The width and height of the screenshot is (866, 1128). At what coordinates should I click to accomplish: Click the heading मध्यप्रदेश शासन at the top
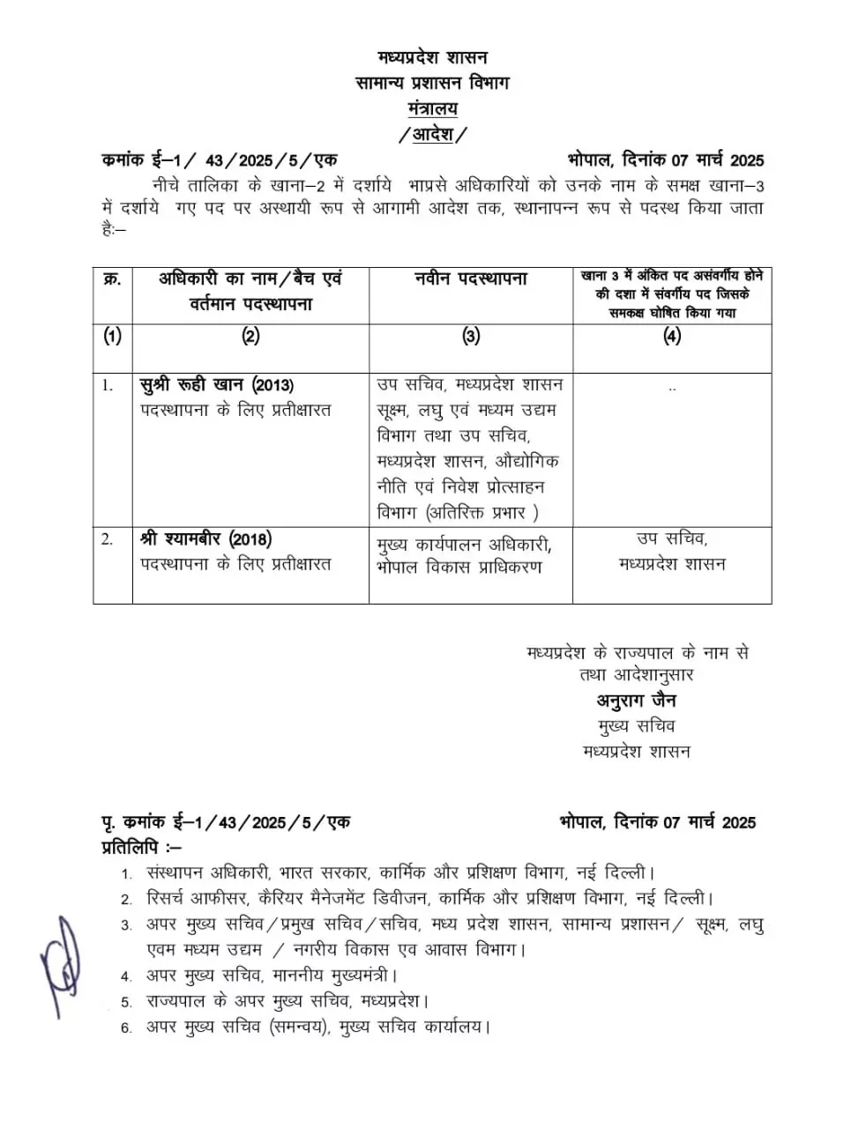tap(432, 58)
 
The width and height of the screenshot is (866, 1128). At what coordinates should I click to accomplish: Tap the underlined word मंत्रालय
tap(432, 108)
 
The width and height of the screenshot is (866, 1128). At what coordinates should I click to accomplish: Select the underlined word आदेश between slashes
tap(432, 135)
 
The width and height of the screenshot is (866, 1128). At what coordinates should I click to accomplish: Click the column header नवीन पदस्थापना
tap(471, 279)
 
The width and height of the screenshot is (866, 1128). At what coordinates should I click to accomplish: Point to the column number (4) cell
tap(672, 336)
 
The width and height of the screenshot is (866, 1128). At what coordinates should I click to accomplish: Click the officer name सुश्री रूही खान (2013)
tap(217, 385)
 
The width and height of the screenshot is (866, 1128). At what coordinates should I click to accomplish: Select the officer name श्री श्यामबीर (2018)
tap(205, 538)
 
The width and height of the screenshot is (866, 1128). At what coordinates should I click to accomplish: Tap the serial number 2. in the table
tap(107, 539)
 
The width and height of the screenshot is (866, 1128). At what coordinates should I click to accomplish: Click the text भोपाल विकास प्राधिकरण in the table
tap(459, 568)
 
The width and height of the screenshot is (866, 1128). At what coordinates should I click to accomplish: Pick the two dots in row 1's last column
tap(673, 388)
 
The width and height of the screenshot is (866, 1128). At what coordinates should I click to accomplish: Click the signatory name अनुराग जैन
tap(636, 701)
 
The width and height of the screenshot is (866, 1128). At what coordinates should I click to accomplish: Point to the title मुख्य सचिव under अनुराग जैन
tap(636, 726)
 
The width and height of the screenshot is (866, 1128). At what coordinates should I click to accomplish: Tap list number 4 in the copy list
tap(126, 976)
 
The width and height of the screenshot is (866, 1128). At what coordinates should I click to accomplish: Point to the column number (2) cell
tap(250, 336)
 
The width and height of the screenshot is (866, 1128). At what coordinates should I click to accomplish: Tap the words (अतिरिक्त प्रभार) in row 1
tap(482, 513)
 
